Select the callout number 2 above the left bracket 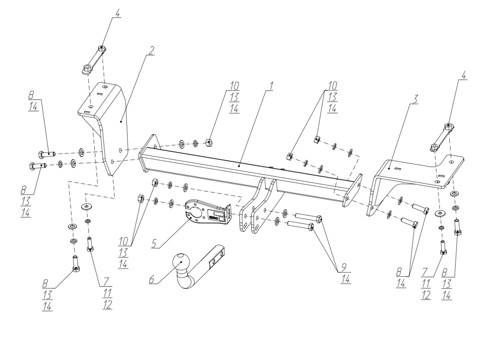[151, 51]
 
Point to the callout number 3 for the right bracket [414, 99]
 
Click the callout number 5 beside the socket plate [155, 243]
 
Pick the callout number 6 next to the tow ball [152, 279]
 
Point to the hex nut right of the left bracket [209, 143]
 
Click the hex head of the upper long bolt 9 [319, 218]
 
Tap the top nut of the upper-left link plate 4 [101, 48]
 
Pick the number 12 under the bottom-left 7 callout [107, 304]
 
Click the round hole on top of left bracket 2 [105, 87]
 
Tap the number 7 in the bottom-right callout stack [425, 272]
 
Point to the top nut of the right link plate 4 [448, 126]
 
